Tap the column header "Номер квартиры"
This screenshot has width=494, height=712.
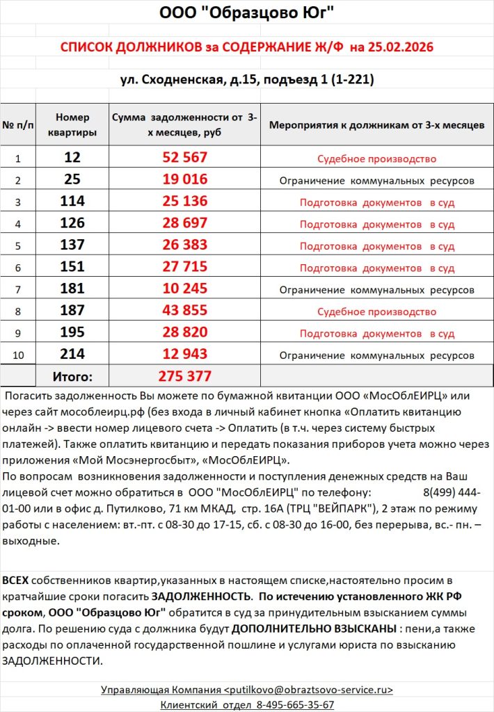[x=72, y=125]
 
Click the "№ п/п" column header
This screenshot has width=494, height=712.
[x=18, y=126]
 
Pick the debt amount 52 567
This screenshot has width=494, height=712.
[x=184, y=158]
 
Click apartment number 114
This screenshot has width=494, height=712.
[x=72, y=202]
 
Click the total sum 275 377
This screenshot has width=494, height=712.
[x=184, y=377]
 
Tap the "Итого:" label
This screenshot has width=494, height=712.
[x=72, y=377]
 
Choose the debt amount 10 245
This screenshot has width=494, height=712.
[x=184, y=289]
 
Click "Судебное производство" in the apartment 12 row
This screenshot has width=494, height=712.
[x=376, y=159]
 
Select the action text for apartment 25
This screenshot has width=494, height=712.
[x=376, y=181]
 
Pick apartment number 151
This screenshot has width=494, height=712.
[x=72, y=267]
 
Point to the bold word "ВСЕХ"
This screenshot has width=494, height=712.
[x=16, y=580]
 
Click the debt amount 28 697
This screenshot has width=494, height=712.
[x=184, y=224]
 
